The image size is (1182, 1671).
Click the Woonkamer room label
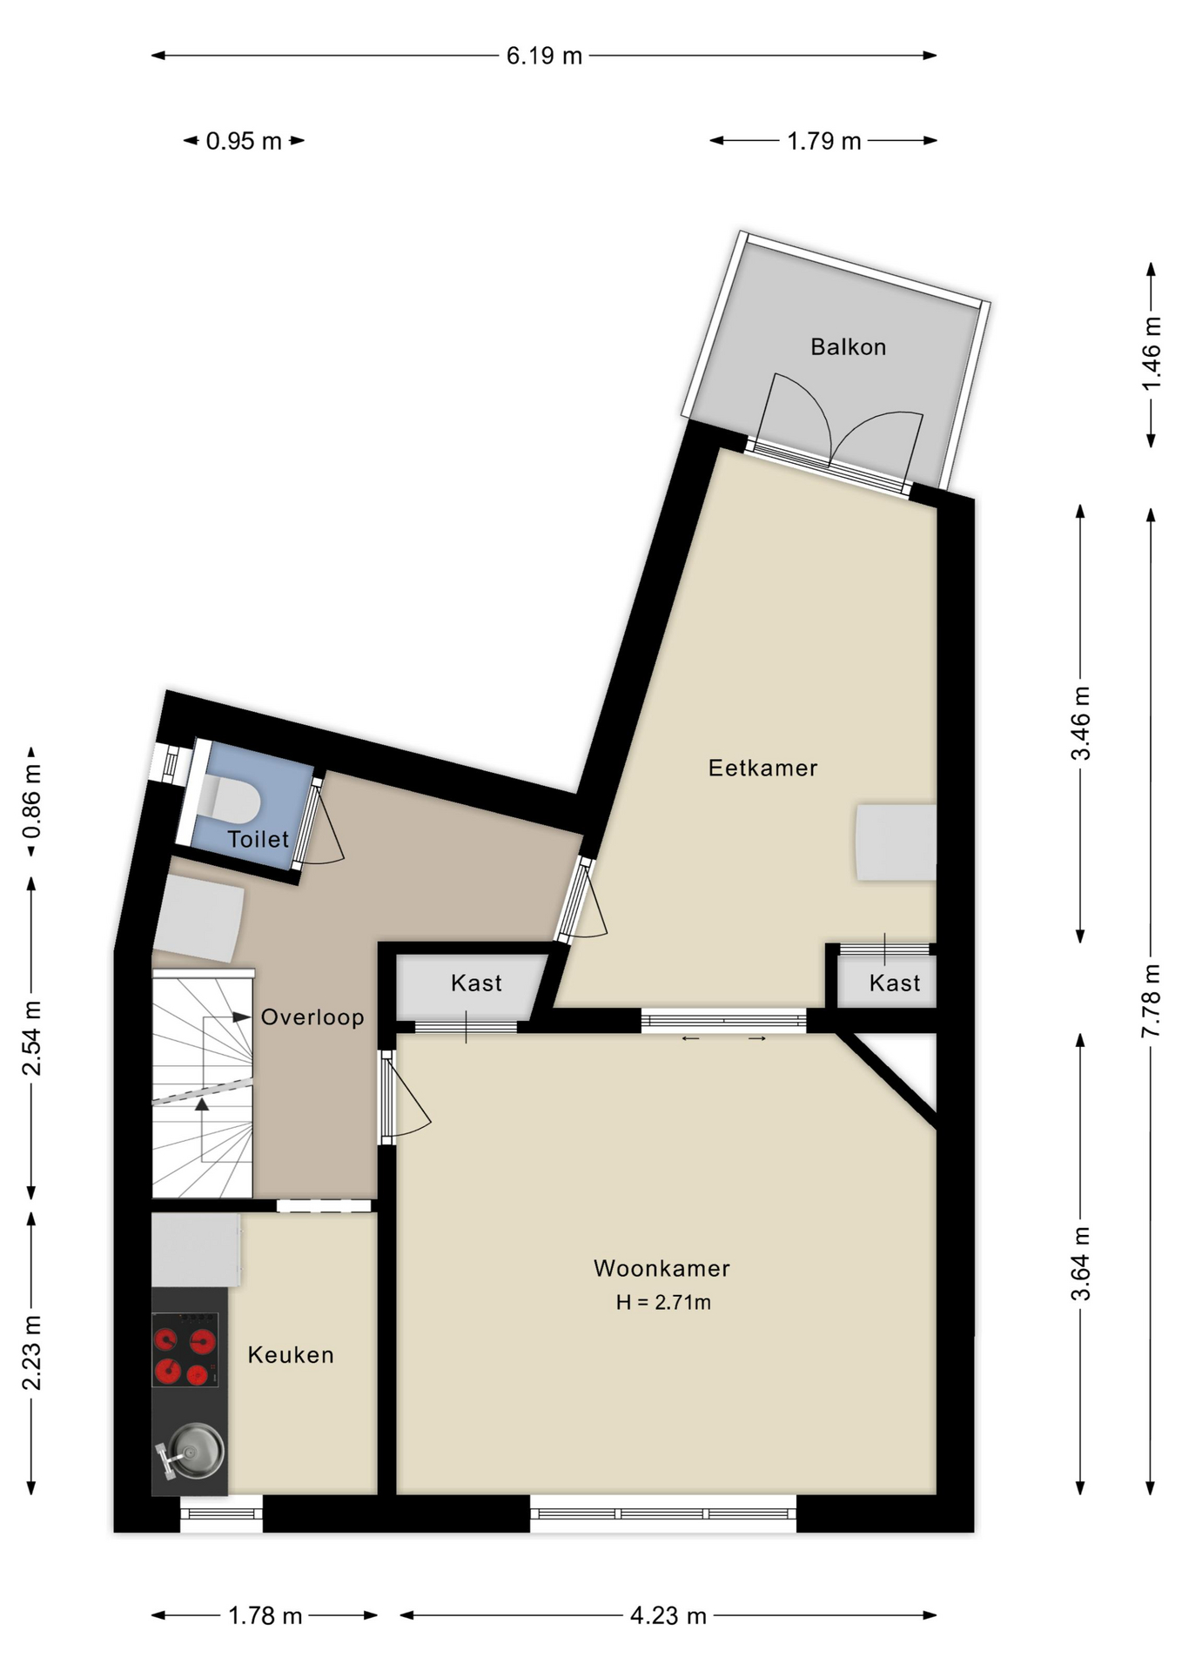pos(662,1268)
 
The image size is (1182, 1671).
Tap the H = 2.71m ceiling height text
pos(663,1303)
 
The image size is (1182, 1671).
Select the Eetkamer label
pos(762,768)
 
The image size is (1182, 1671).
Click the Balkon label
pos(848,347)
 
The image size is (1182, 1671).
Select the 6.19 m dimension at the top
pos(544,56)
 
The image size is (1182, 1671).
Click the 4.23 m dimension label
pos(668,1616)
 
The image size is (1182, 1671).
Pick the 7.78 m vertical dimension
pos(1151,1001)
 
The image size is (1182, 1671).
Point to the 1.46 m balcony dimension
pos(1151,354)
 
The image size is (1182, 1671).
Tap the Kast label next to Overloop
pos(476,983)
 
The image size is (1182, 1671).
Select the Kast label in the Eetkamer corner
pos(894,983)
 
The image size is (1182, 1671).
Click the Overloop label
pos(312,1017)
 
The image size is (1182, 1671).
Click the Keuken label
pos(291,1355)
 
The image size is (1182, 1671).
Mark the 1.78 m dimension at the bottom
pos(265,1616)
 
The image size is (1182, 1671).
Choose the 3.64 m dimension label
pos(1080,1264)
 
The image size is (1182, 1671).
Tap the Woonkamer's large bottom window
pos(663,1514)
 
